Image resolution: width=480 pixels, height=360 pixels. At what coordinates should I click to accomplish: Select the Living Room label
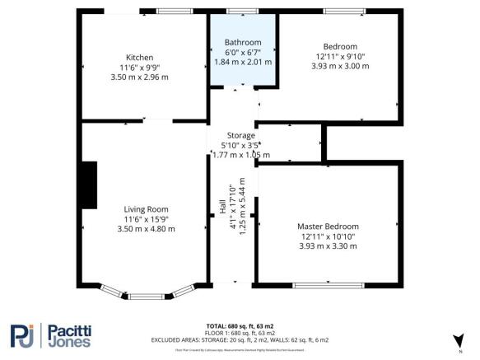pos(146,208)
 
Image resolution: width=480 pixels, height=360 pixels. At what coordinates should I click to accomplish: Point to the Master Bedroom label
pos(328,226)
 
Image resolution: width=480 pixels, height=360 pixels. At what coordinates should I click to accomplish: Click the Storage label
pos(241,135)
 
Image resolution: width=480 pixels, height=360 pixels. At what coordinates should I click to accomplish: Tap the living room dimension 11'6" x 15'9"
pos(146,218)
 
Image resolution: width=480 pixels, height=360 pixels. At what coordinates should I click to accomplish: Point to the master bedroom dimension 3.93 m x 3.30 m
pos(328,245)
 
